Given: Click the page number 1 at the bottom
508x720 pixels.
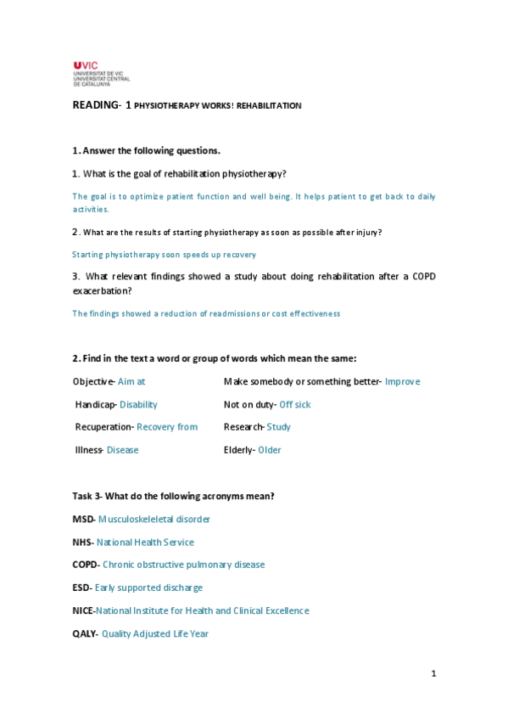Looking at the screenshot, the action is coord(433,674).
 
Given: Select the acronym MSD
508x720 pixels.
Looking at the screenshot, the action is coord(83,519).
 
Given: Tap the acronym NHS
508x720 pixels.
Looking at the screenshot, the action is coord(82,542).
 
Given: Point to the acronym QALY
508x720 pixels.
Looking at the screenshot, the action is coord(85,633).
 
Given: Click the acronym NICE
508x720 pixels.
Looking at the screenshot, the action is coord(83,610).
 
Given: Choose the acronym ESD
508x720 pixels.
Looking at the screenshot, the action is coord(82,588).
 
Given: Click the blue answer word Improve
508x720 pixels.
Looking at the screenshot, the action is coord(402,381).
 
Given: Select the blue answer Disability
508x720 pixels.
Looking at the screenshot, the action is coord(138,404).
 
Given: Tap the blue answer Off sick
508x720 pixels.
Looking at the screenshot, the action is coord(294,404).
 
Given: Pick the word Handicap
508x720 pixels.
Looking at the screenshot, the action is coord(95,404).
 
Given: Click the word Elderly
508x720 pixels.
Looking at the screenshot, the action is coord(238,450).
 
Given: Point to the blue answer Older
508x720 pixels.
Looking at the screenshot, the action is coord(270,450).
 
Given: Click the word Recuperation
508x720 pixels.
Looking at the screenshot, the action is coord(103,427).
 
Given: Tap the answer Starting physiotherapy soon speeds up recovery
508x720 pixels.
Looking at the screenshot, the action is coord(164,254).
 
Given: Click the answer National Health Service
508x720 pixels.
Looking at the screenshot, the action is coord(145,542).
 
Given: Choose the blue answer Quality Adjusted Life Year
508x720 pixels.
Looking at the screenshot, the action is coord(155,633).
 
